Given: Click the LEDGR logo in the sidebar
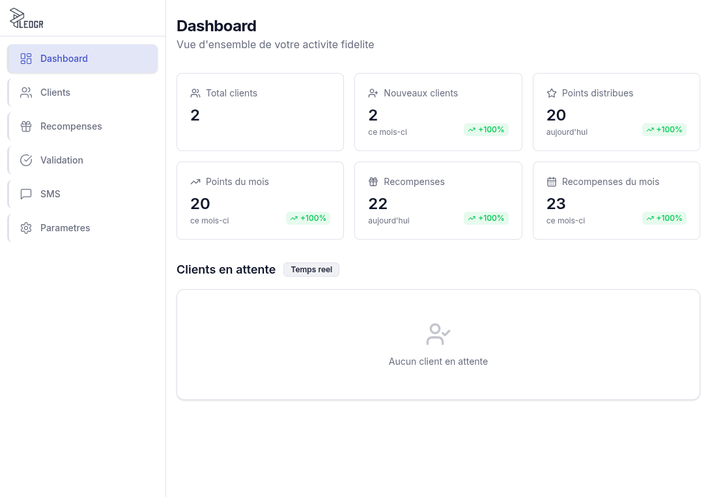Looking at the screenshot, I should (27, 19).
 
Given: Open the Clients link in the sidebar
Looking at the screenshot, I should (55, 92).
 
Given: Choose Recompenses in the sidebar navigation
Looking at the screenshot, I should (71, 126).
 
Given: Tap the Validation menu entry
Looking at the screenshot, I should (62, 160).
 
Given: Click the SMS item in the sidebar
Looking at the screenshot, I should (50, 194).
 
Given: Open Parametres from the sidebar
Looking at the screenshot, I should (65, 228).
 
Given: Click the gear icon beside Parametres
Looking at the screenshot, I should (26, 228).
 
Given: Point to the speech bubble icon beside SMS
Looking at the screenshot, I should (26, 194).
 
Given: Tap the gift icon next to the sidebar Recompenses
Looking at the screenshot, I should (26, 126).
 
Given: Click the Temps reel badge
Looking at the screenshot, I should (311, 270).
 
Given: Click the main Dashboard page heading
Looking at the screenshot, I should (216, 26).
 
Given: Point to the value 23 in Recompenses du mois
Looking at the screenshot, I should (556, 204).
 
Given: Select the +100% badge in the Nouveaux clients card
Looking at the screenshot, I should (486, 130).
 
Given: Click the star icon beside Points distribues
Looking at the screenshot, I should (552, 93).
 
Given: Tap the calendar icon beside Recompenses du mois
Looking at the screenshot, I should (552, 182).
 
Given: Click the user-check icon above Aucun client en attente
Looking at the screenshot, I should (438, 334).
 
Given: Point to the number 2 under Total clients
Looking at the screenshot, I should (195, 115).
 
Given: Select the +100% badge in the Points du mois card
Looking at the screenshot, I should (308, 218).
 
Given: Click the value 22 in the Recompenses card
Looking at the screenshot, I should (378, 204).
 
